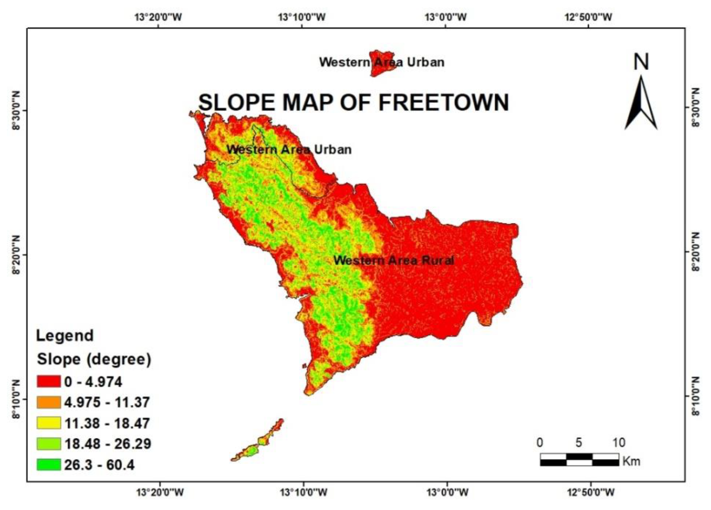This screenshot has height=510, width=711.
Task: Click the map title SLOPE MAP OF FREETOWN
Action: [353, 102]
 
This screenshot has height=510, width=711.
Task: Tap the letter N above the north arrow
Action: [641, 62]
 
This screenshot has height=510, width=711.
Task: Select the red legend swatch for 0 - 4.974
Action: [49, 382]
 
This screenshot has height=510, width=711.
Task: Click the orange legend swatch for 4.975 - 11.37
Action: [49, 402]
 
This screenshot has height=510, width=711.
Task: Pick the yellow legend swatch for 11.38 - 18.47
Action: [49, 423]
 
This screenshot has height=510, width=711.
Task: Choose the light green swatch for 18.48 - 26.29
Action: [49, 444]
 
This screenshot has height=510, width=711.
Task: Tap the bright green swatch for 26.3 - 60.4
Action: [49, 465]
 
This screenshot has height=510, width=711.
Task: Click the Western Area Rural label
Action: [393, 260]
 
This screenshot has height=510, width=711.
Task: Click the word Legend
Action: [65, 336]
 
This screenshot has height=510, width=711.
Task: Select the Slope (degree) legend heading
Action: [94, 359]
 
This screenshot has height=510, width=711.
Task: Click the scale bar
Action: [579, 459]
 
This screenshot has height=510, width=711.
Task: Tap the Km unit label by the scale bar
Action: [631, 461]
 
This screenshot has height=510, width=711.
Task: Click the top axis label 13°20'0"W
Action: [158, 17]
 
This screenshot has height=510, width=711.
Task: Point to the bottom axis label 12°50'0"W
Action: [591, 493]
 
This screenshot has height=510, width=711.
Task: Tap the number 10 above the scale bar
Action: [618, 442]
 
